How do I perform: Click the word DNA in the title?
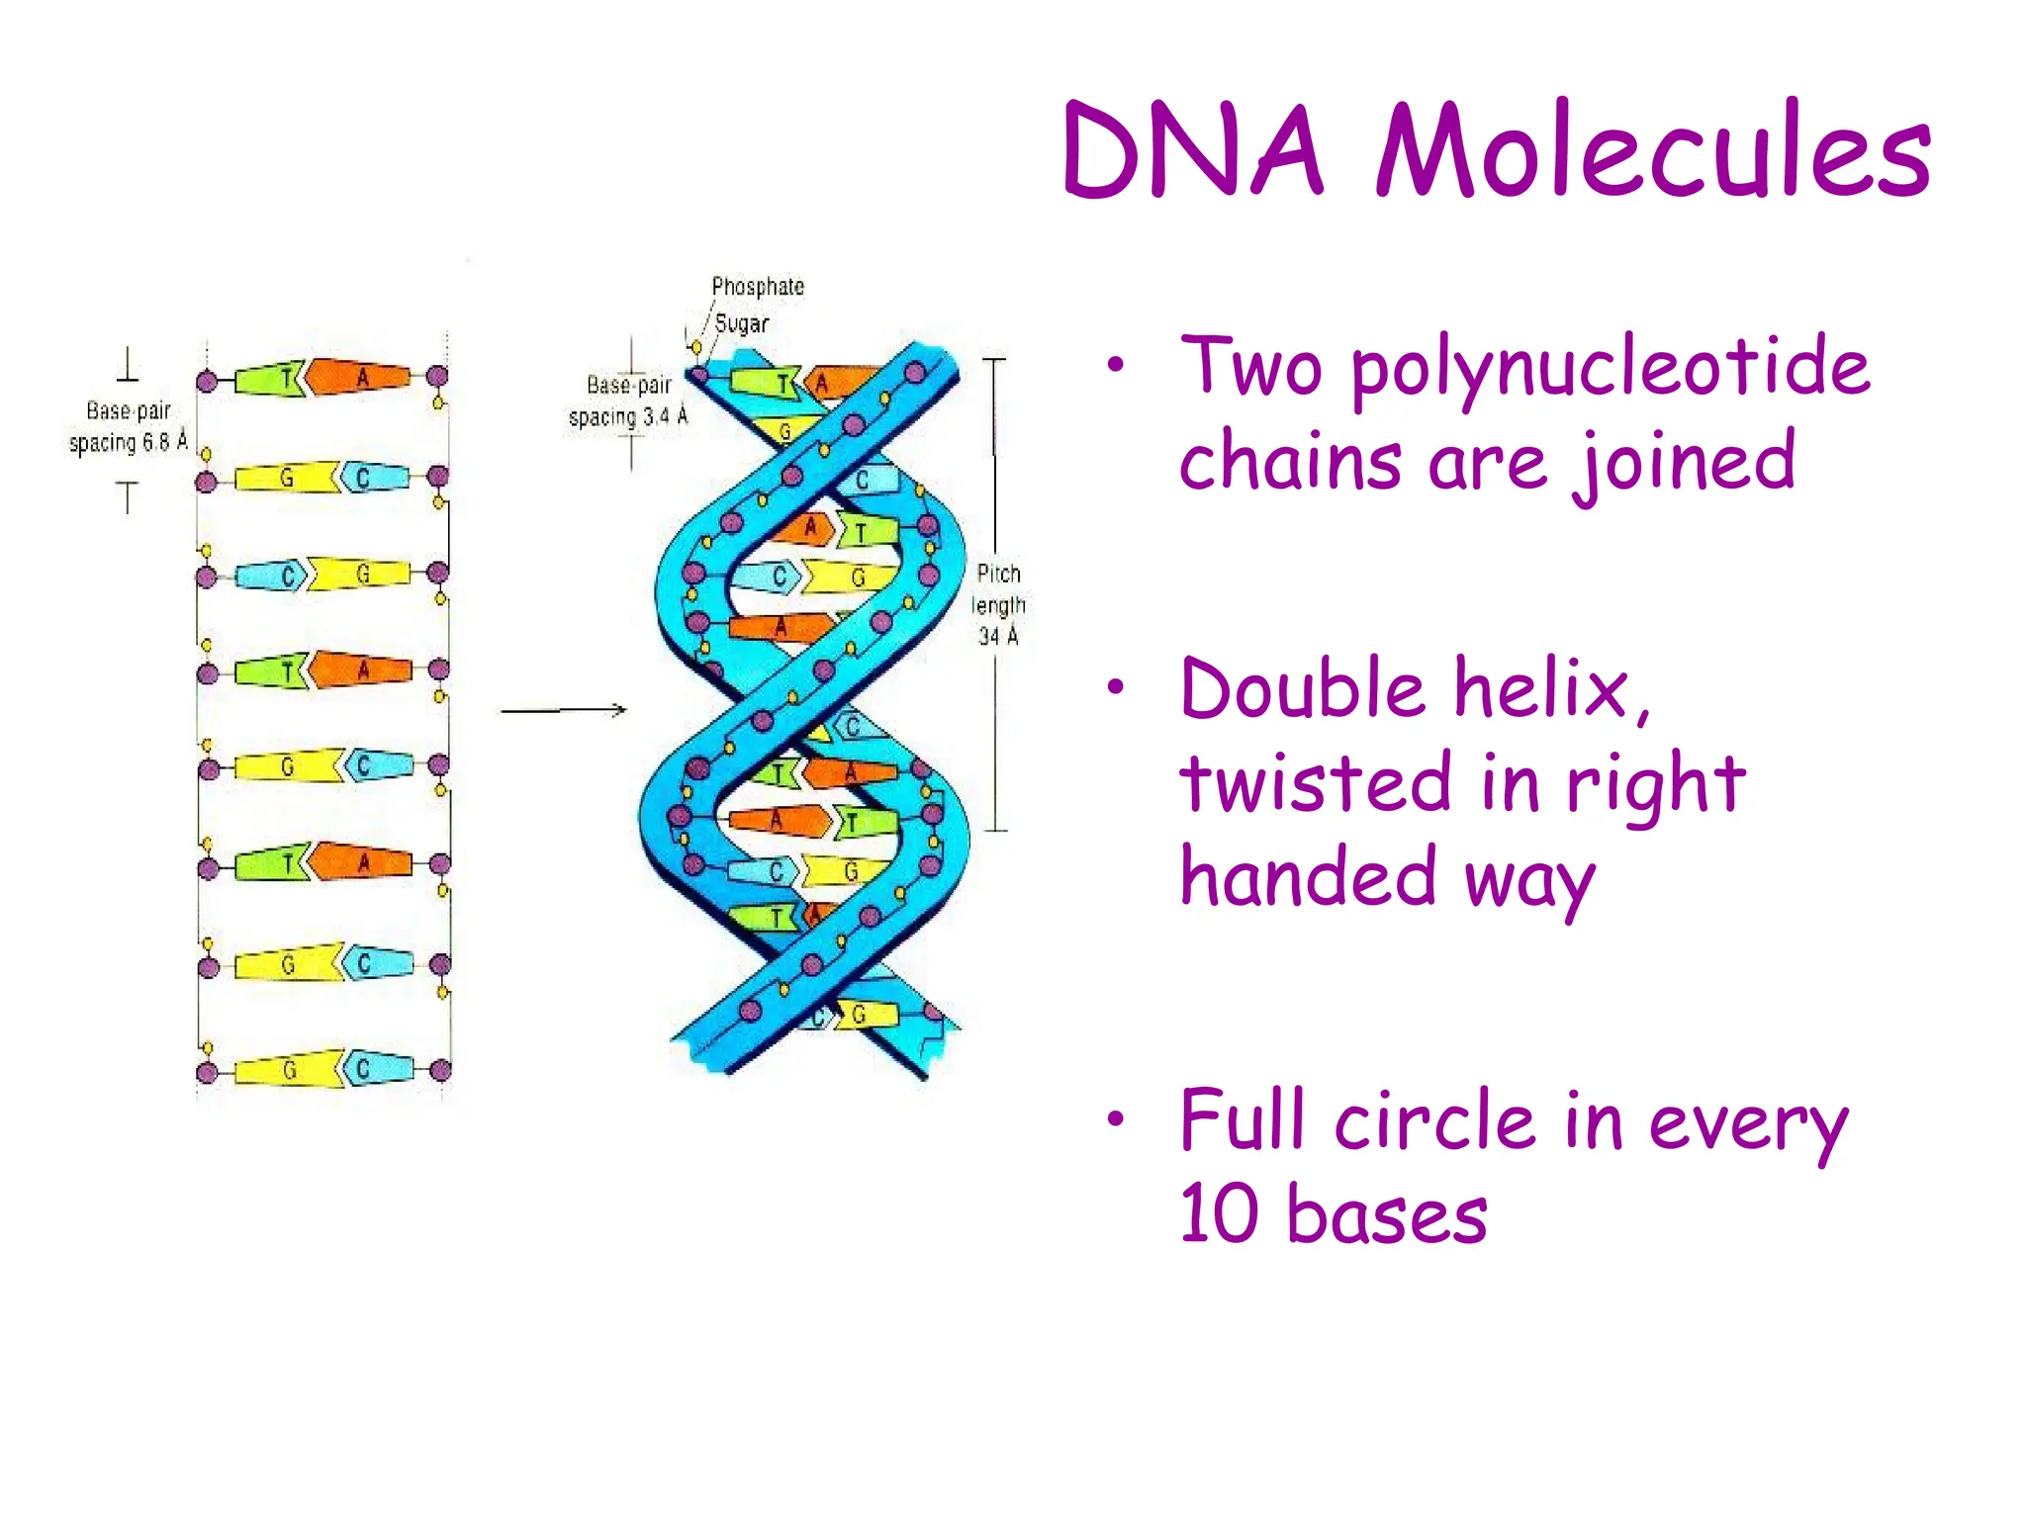click(1192, 150)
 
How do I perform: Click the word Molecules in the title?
click(1653, 150)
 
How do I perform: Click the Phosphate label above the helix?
click(758, 287)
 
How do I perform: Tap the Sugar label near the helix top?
click(741, 323)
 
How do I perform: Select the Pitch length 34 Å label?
click(998, 604)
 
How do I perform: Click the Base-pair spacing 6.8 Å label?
click(128, 426)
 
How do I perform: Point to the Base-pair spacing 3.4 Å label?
click(627, 401)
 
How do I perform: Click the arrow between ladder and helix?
click(563, 710)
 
